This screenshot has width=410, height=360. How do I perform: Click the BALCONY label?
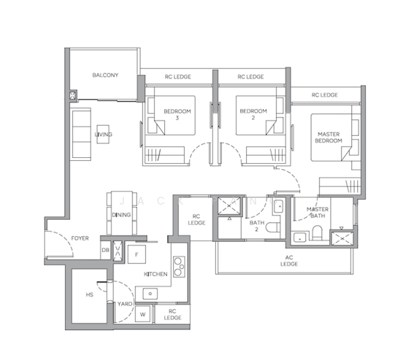pyautogui.click(x=105, y=75)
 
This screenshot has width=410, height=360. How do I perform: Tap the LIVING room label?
pyautogui.click(x=103, y=134)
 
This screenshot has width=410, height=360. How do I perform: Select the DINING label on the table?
pyautogui.click(x=121, y=215)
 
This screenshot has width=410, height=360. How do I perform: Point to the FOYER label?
pyautogui.click(x=80, y=238)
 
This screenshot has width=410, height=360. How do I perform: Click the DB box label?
pyautogui.click(x=105, y=250)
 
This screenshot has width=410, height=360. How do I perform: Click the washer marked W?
pyautogui.click(x=143, y=313)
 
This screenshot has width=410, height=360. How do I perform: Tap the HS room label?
pyautogui.click(x=89, y=295)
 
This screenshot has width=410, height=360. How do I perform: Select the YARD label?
pyautogui.click(x=125, y=304)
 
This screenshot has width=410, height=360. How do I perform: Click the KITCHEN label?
pyautogui.click(x=155, y=274)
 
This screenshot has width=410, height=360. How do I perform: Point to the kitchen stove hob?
pyautogui.click(x=178, y=266)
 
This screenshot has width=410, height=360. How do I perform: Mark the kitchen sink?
pyautogui.click(x=148, y=294)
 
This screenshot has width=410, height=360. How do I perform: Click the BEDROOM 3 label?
pyautogui.click(x=177, y=114)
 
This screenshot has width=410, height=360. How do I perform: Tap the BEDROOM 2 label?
pyautogui.click(x=253, y=114)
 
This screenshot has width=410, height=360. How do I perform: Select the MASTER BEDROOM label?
pyautogui.click(x=329, y=137)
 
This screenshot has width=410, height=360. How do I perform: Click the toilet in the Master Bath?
pyautogui.click(x=318, y=233)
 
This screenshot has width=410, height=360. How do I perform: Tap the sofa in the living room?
pyautogui.click(x=79, y=133)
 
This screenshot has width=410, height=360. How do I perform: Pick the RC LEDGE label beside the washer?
pyautogui.click(x=171, y=314)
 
